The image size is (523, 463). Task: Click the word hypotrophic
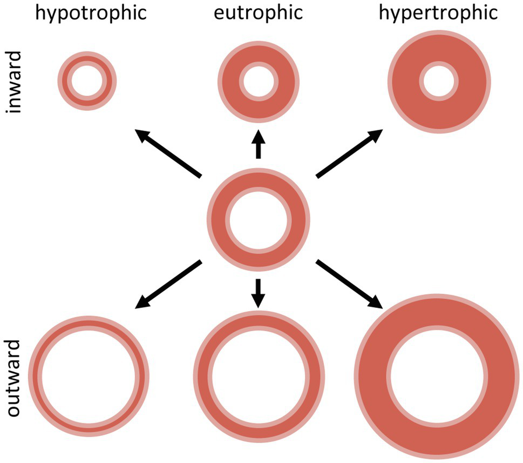pos(90,12)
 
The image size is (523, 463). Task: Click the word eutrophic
pos(258,12)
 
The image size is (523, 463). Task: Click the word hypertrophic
pos(438,12)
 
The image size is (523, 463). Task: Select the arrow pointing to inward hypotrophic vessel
pos(168,153)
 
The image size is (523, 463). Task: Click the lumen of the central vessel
pos(259,221)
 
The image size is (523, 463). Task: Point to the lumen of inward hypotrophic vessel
pos(87,81)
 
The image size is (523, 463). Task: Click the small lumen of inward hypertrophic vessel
pos(439,83)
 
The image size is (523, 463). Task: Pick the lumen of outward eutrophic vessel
pos(258,375)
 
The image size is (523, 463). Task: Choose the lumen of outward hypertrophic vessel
pos(439,377)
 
